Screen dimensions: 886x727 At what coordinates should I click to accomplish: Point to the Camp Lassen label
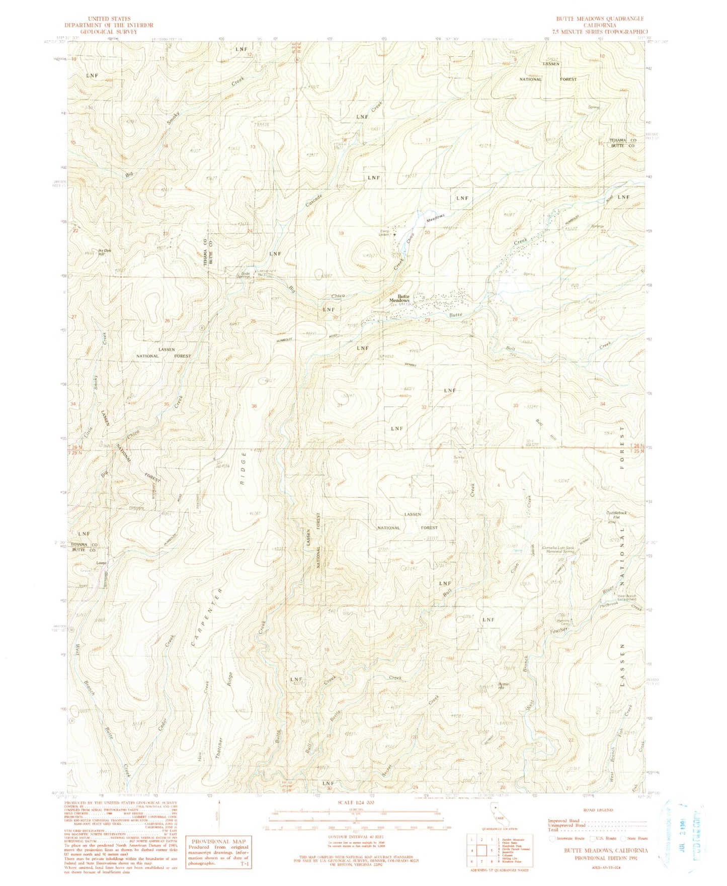pyautogui.click(x=384, y=233)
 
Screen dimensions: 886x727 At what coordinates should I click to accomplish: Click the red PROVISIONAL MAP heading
pyautogui.click(x=218, y=841)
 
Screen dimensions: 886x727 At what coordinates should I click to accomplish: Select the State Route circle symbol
pyautogui.click(x=624, y=838)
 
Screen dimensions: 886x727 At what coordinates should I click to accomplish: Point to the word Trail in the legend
pyautogui.click(x=554, y=830)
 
